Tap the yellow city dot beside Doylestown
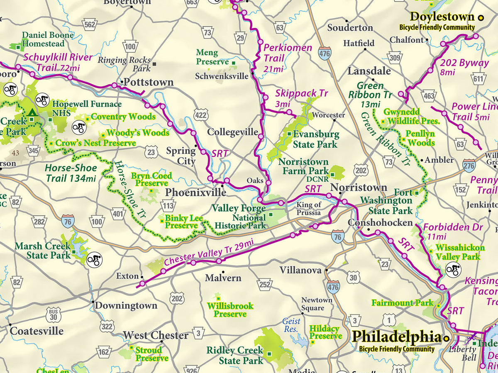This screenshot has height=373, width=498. (x=481, y=17)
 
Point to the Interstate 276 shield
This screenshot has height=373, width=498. (x=469, y=165)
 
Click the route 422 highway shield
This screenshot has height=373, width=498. (x=200, y=114)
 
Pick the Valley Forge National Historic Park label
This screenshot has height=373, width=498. (x=239, y=217)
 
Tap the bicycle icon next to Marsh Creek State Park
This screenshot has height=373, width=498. (x=95, y=260)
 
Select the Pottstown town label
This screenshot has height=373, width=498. (x=149, y=82)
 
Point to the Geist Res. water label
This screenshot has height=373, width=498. (x=291, y=325)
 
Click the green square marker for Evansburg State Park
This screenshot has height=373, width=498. (x=289, y=134)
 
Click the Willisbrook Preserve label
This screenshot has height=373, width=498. (x=230, y=310)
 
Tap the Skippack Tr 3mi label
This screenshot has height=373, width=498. (x=296, y=98)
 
